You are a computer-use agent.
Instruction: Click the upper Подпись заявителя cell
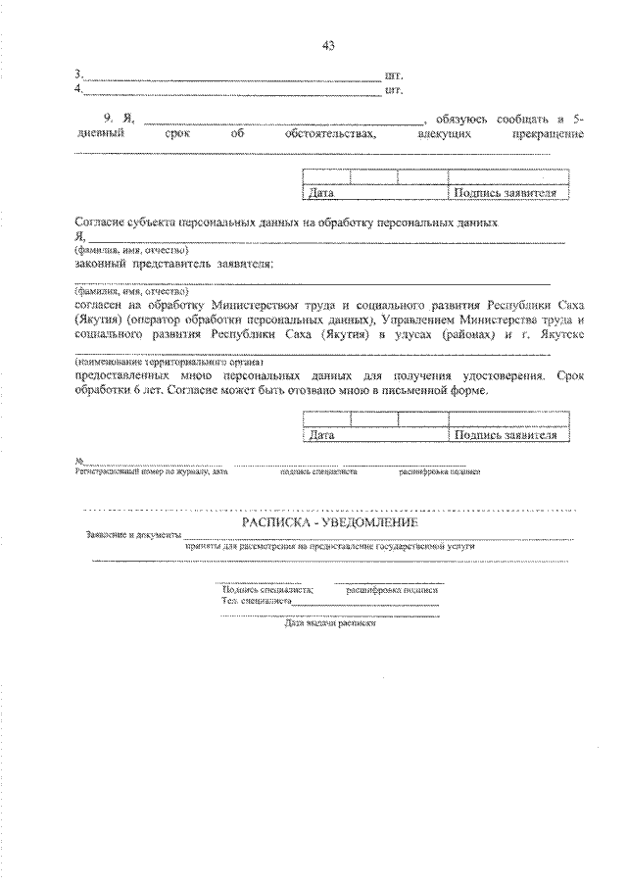506,194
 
